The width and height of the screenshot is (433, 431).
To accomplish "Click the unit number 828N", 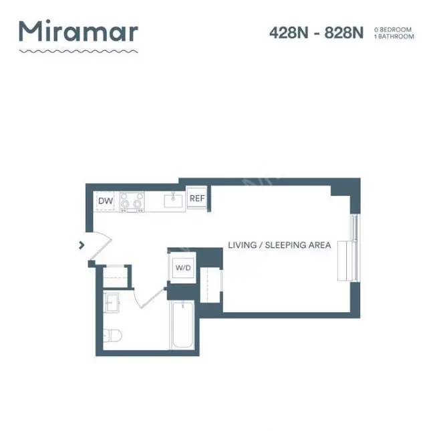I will (x=344, y=33).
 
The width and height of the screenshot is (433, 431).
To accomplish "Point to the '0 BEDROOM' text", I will (x=394, y=29).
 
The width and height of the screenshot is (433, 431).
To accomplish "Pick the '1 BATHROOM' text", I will (x=394, y=36).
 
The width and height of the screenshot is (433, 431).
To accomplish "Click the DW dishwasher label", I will (x=106, y=200).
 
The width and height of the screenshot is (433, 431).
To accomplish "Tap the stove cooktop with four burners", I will (x=132, y=201).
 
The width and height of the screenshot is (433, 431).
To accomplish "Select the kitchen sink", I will (x=174, y=200).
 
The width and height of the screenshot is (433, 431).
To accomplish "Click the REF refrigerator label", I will (x=196, y=198).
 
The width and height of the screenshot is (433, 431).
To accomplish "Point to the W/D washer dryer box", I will (x=183, y=268).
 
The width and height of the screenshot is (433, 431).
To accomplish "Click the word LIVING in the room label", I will (x=242, y=245).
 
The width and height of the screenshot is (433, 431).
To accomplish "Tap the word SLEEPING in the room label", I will (x=284, y=245).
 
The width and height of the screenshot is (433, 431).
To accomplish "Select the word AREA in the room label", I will (x=319, y=245).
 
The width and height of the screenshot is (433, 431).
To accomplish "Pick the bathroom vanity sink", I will (x=111, y=302).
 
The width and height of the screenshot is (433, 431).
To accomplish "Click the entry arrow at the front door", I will (x=82, y=245).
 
